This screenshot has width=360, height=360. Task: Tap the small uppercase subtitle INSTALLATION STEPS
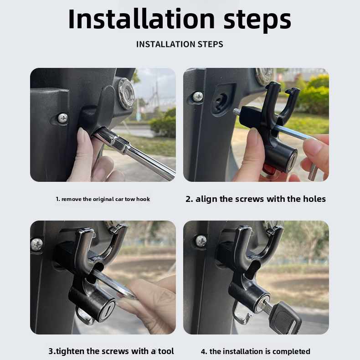coord(180,44)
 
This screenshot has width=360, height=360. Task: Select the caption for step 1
coord(103,199)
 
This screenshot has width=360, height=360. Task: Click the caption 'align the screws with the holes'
coord(256,199)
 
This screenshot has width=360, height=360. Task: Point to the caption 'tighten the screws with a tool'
coord(111,351)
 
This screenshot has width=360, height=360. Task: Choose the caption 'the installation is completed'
coord(255,351)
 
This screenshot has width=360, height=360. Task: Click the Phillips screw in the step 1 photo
coord(62,118)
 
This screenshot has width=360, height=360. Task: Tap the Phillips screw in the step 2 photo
coord(198,97)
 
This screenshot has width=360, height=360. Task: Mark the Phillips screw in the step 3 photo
coord(37,244)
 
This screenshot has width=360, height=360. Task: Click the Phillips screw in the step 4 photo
coord(201,241)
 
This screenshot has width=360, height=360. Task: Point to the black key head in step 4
coord(285,317)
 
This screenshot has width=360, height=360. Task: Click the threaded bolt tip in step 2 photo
coord(237,112)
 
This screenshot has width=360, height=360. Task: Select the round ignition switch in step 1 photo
coord(125,93)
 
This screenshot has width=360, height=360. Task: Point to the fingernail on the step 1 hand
coord(83,135)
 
